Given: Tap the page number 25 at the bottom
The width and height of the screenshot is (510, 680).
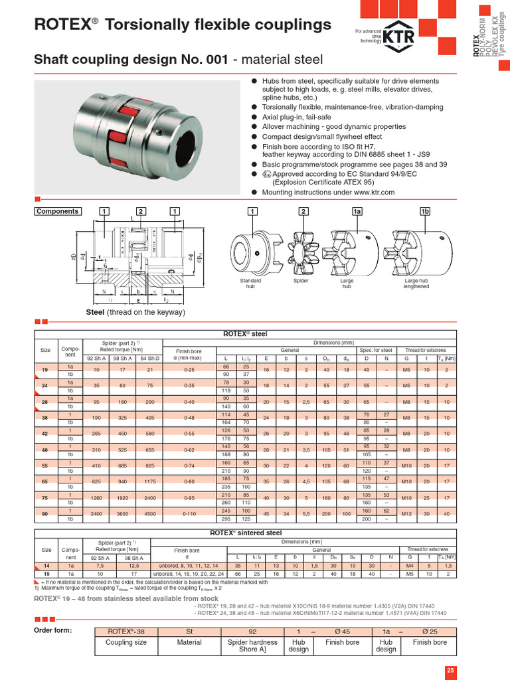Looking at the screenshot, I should [450, 670].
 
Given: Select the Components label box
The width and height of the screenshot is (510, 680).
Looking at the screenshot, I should [58, 211].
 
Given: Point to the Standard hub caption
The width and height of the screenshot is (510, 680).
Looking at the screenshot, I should [251, 284].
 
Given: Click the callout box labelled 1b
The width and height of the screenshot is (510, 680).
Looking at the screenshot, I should [426, 211].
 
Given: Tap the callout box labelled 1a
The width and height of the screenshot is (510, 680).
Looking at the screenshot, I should [357, 211].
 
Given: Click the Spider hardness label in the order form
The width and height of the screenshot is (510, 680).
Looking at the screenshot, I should [252, 646].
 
